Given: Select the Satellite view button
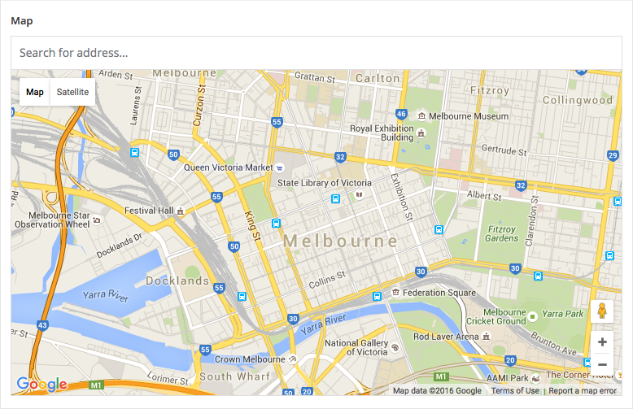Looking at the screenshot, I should [x=72, y=92].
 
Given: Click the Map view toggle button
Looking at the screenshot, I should [x=35, y=92].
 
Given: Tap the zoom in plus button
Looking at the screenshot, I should [x=602, y=342].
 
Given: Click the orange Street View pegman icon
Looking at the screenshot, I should [x=602, y=312].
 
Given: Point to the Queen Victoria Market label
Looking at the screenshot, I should [x=228, y=168].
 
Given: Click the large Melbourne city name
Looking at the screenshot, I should [x=341, y=241].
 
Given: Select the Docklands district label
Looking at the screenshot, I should [x=177, y=281].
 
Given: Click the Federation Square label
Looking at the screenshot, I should [x=439, y=293].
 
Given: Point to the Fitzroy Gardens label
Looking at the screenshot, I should [x=501, y=233].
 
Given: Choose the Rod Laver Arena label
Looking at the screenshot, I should [x=445, y=336].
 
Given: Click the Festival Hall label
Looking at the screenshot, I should [x=149, y=211].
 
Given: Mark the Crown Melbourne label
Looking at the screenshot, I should [x=250, y=359].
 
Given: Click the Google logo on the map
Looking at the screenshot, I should [x=41, y=384].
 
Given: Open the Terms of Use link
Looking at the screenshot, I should [x=515, y=391].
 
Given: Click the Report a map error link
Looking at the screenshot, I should [x=583, y=391].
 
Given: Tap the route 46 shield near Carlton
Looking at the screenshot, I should [x=401, y=114].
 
